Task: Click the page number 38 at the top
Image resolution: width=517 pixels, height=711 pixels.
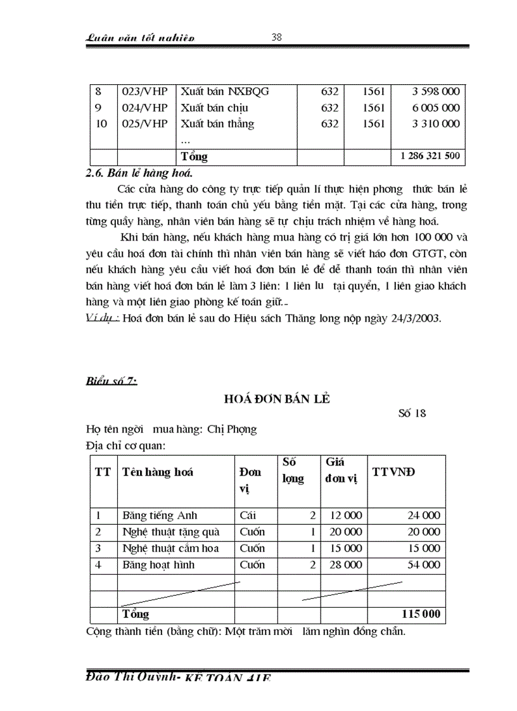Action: click(x=276, y=37)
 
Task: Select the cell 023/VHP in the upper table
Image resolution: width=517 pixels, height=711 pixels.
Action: click(x=145, y=91)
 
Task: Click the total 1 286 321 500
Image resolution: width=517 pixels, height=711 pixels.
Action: click(x=430, y=156)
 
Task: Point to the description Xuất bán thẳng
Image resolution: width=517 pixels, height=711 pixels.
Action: click(x=217, y=124)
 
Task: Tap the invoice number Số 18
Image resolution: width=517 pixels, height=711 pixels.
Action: click(x=412, y=414)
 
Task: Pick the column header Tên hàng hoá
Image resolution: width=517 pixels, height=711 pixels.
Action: click(x=158, y=472)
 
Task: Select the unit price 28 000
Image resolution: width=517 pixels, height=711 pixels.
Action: click(x=344, y=565)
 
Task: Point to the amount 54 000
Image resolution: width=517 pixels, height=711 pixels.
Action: click(x=423, y=565)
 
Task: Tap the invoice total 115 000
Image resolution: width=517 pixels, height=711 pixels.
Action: click(x=421, y=614)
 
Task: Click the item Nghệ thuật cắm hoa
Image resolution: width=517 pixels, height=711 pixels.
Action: click(x=170, y=548)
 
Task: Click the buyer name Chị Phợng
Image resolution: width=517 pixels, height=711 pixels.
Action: click(x=232, y=429)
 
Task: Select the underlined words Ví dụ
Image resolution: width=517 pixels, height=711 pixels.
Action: click(x=101, y=318)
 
